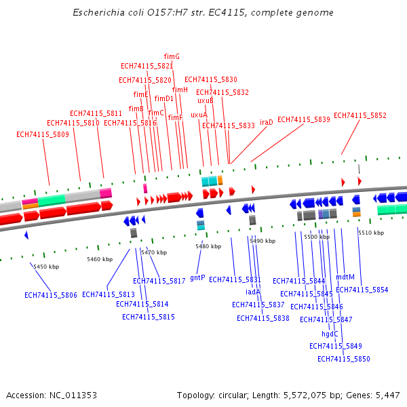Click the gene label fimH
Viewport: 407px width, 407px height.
[x=180, y=90]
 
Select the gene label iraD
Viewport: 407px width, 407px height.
[x=267, y=122]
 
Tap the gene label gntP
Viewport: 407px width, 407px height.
[x=197, y=277]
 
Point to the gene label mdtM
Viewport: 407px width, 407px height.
[x=345, y=277]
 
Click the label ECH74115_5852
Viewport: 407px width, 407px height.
[x=360, y=115]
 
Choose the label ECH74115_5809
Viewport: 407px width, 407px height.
[x=43, y=134]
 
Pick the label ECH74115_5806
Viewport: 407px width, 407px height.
[x=51, y=295]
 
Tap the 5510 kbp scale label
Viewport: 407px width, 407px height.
[x=371, y=233]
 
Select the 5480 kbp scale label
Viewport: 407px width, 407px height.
[x=208, y=246]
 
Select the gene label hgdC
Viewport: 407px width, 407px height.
[x=330, y=333]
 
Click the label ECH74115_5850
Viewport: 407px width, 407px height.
[x=344, y=359]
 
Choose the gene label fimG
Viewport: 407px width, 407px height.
[x=172, y=56]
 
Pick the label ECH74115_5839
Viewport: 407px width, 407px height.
[x=304, y=119]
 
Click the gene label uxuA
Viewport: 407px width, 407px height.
[x=199, y=115]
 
